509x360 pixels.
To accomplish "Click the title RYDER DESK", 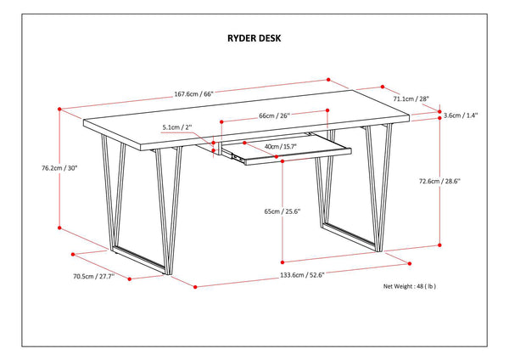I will coord(254,38).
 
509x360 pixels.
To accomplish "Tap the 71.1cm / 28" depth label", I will coord(411,99).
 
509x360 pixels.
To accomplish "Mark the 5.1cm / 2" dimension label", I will coord(177,128).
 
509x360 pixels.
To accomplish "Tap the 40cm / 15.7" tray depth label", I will coord(280,146).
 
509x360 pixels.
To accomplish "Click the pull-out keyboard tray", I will coord(297,153).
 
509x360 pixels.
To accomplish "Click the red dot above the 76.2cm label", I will coord(59,109).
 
